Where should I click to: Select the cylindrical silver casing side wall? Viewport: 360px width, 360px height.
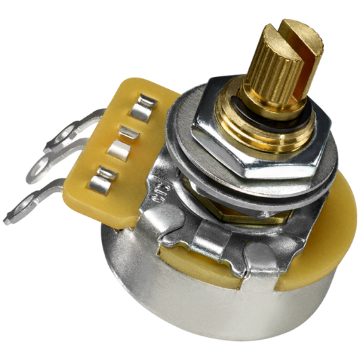coord(203,304)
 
